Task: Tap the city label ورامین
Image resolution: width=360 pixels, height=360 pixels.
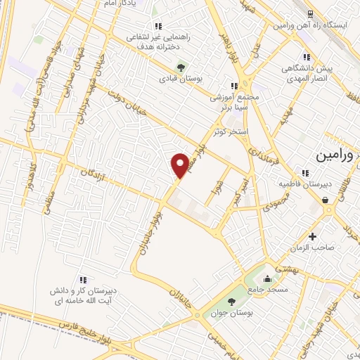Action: pyautogui.click(x=336, y=155)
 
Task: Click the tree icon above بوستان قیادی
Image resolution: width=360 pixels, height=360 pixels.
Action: pyautogui.click(x=182, y=67)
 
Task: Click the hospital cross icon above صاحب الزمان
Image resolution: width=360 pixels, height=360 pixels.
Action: pyautogui.click(x=312, y=236)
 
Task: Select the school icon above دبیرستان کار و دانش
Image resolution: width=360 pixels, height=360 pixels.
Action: pyautogui.click(x=84, y=279)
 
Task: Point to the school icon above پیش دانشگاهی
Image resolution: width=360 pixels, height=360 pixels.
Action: pyautogui.click(x=306, y=57)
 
